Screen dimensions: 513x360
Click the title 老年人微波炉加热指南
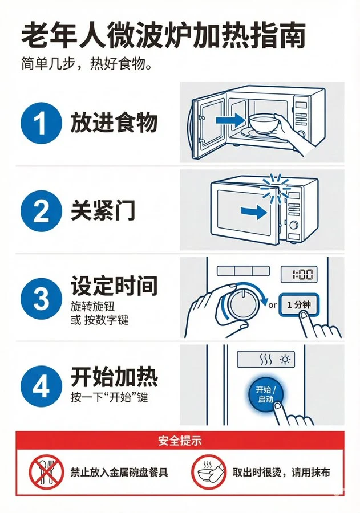click(x=163, y=35)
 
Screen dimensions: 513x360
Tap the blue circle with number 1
click(x=41, y=124)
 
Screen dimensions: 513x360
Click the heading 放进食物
click(x=114, y=123)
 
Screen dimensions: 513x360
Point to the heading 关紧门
click(x=103, y=211)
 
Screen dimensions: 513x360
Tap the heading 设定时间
click(x=114, y=286)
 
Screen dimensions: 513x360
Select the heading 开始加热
click(x=114, y=376)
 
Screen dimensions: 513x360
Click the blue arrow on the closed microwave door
click(x=253, y=213)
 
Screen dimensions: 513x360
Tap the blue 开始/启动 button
click(x=265, y=393)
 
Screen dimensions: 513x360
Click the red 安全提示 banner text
click(x=180, y=440)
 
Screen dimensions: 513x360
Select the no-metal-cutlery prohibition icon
click(x=45, y=472)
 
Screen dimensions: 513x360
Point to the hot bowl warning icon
click(x=207, y=472)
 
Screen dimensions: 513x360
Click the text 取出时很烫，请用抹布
click(x=281, y=473)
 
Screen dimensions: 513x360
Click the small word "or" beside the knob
click(x=272, y=305)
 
